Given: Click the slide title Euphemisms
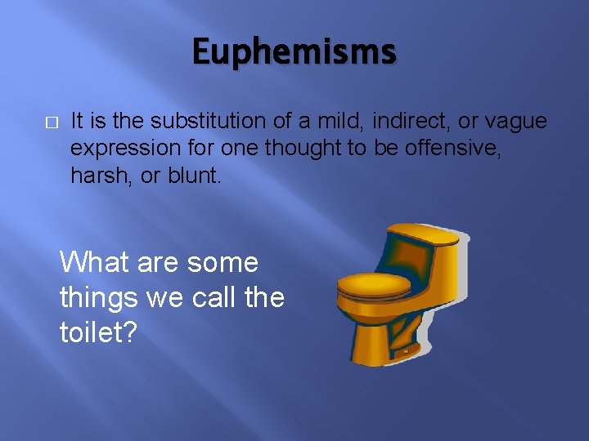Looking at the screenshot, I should pyautogui.click(x=294, y=53).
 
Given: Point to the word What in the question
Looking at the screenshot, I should pyautogui.click(x=89, y=262).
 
